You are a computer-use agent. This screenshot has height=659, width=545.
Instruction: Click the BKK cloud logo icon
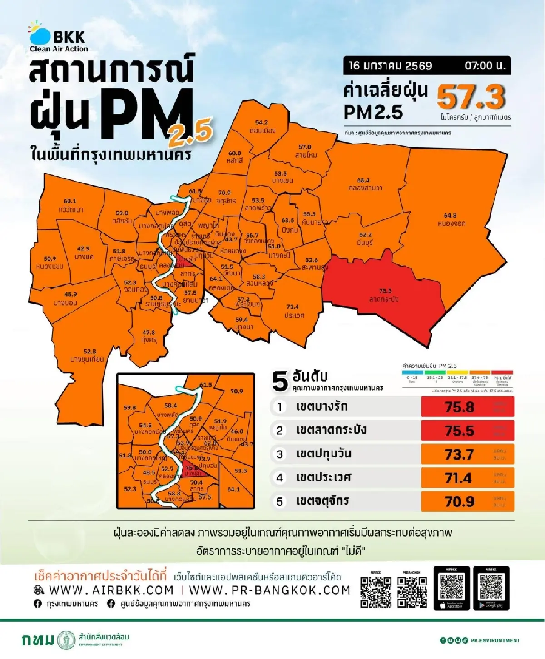tap(40, 34)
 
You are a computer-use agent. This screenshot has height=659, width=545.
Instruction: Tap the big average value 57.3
tap(471, 98)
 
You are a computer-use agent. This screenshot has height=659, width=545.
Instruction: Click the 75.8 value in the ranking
tap(460, 407)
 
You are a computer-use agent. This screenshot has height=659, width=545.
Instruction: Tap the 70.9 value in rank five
tap(460, 501)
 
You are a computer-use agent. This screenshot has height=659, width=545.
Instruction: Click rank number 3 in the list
tap(280, 454)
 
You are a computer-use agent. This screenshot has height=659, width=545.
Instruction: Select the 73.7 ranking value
tap(460, 454)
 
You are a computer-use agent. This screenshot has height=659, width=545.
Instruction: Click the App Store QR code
tap(451, 586)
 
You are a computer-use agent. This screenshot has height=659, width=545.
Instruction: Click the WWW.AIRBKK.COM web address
tap(111, 590)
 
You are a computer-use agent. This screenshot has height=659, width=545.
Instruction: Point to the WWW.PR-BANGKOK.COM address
tap(269, 590)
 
